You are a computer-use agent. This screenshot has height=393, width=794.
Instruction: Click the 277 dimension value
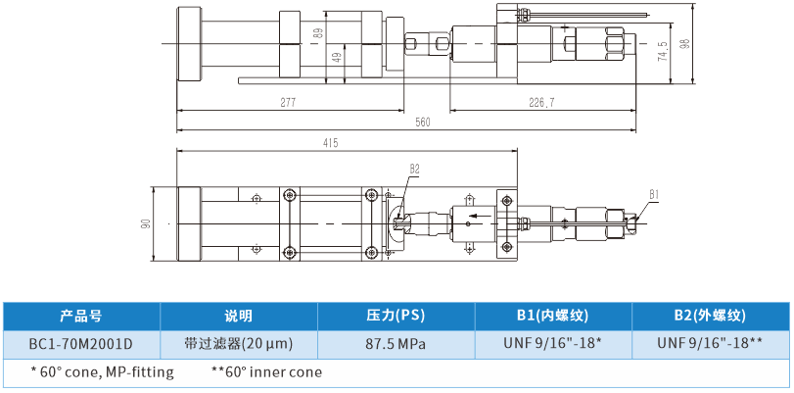(x=287, y=102)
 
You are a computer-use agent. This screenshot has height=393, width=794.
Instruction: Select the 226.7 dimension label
(x=541, y=102)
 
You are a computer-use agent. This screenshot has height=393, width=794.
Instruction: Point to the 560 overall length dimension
(x=423, y=123)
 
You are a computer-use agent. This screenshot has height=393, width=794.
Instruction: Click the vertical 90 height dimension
(x=146, y=223)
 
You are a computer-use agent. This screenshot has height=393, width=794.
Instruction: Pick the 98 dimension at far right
(x=684, y=45)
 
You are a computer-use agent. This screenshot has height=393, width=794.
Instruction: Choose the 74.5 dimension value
(x=663, y=51)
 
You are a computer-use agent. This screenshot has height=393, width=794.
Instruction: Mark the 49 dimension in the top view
(x=337, y=58)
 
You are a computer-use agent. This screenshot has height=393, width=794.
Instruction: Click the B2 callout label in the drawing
(x=414, y=169)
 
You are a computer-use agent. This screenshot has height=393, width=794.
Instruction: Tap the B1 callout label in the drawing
(x=654, y=193)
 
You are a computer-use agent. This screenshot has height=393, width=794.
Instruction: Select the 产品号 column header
(x=80, y=317)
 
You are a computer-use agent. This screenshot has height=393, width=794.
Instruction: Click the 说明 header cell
(x=238, y=317)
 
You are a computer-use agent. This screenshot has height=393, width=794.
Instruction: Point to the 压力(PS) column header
(x=396, y=317)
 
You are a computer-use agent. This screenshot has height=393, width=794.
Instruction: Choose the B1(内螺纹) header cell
(x=553, y=317)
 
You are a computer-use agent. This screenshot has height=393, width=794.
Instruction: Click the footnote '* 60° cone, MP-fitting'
(x=102, y=372)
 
